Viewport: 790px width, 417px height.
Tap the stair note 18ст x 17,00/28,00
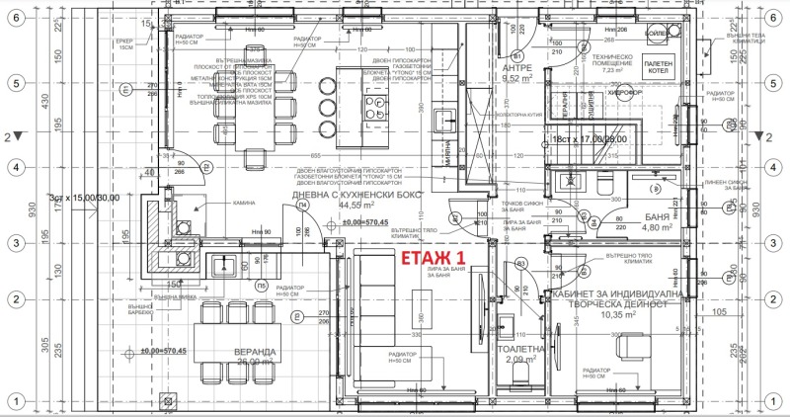tap(591, 139)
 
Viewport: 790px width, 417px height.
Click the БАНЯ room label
tap(656, 214)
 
